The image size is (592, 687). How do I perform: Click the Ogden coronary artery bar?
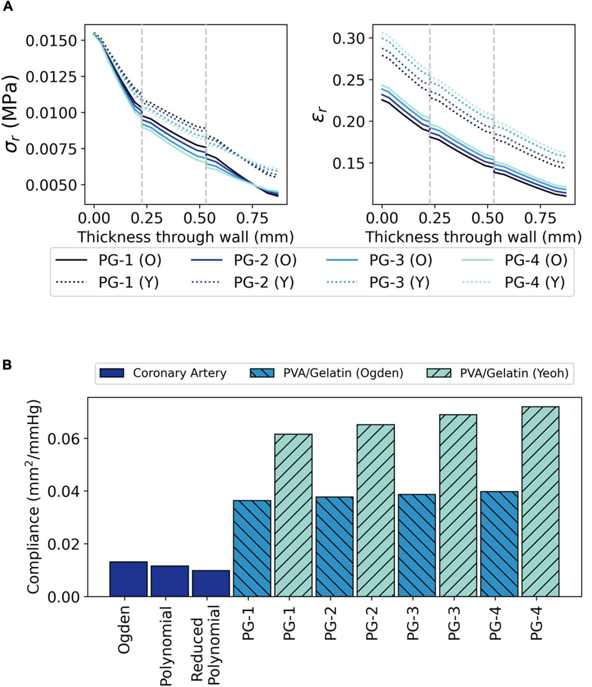click(128, 579)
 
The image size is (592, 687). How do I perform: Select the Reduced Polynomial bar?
click(211, 583)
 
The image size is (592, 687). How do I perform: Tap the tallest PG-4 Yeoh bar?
click(540, 501)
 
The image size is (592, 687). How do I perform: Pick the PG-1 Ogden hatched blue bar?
click(252, 548)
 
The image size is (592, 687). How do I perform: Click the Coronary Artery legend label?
click(179, 373)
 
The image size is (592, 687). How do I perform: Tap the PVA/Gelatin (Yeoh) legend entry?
click(514, 373)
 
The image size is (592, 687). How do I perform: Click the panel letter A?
click(8, 7)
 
